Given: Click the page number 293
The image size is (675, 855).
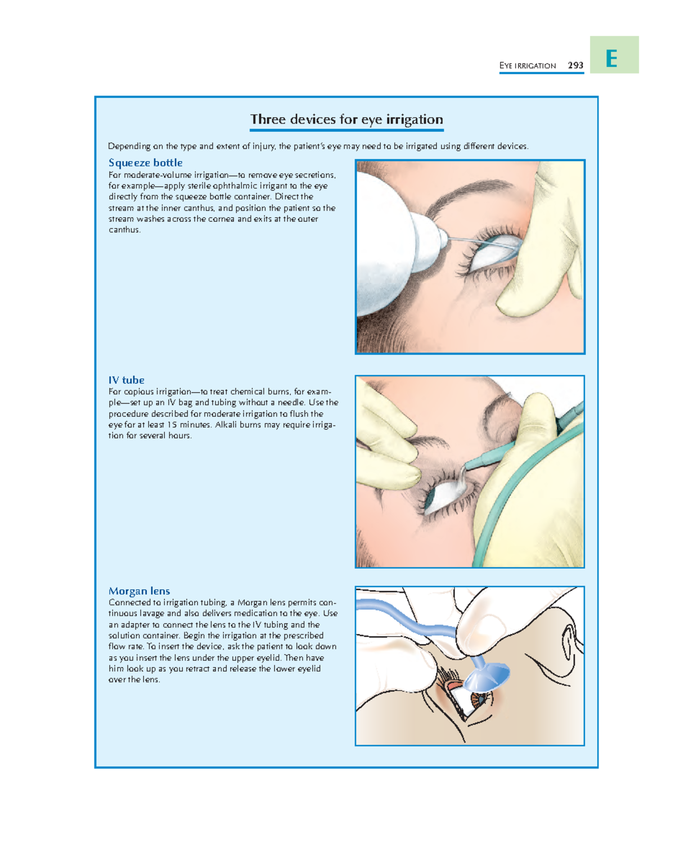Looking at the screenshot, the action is (x=575, y=66).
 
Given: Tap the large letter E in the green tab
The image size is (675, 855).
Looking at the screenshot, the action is (x=611, y=59).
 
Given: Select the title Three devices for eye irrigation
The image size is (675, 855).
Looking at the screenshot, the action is (x=346, y=119).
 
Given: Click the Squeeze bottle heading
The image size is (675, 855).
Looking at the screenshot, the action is (x=146, y=163).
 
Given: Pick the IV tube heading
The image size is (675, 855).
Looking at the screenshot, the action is (x=127, y=380).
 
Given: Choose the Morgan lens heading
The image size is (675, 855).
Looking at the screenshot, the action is (x=139, y=591).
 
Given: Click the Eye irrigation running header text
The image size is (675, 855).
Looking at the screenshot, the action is (x=527, y=66).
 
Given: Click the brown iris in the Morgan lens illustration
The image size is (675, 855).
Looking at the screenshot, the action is (x=479, y=699).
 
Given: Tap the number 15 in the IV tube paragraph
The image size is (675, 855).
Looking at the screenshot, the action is (x=172, y=425).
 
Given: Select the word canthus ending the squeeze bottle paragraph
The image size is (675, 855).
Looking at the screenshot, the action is (x=124, y=229).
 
